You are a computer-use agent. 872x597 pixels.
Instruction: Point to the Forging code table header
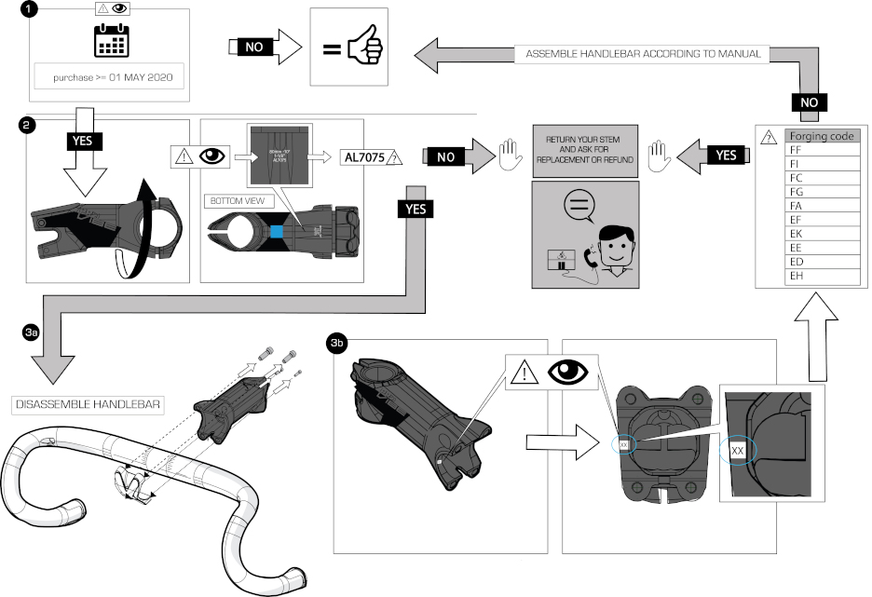click(x=821, y=136)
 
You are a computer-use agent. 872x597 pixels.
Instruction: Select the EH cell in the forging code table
click(x=821, y=276)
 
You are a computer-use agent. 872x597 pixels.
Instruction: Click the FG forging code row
click(x=821, y=191)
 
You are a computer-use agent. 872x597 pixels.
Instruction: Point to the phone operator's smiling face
click(x=615, y=245)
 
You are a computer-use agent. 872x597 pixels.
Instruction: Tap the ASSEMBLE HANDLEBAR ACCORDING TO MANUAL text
click(x=643, y=54)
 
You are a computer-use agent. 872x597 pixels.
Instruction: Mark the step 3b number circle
click(x=337, y=345)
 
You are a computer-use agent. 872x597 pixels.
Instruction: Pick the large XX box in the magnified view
click(x=738, y=450)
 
